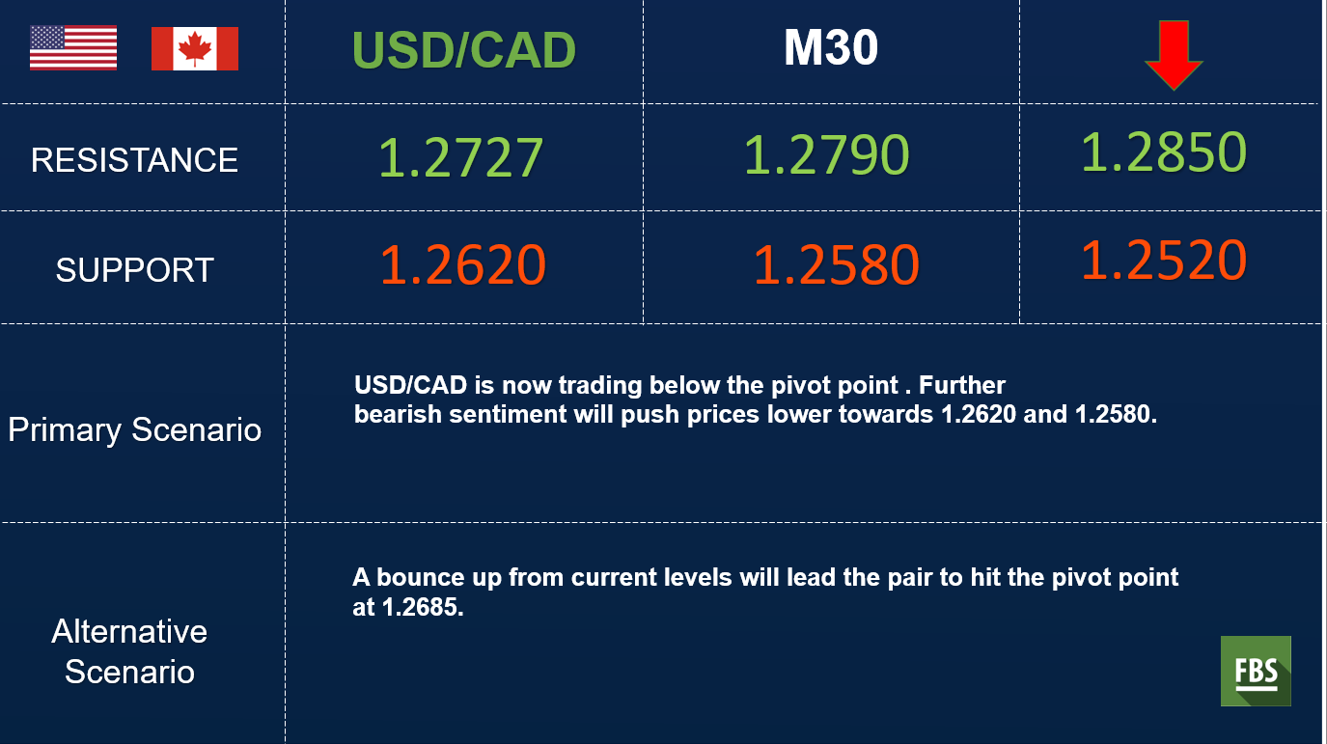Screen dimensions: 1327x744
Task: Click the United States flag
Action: click(73, 48)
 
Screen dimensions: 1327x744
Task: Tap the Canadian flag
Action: click(195, 48)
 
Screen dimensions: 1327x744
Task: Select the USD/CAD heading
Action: click(464, 50)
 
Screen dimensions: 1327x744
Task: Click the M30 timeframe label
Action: click(831, 47)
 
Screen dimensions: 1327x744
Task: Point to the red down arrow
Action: click(1174, 55)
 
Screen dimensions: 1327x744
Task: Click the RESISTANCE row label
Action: click(134, 160)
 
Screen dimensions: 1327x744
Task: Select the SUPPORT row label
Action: click(134, 270)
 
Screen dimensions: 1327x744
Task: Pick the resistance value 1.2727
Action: click(461, 157)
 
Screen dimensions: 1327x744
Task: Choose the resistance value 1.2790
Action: click(826, 154)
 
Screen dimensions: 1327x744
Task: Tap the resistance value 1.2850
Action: click(1164, 152)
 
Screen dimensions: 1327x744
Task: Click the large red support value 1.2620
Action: click(462, 264)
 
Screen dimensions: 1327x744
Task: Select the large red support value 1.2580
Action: click(837, 264)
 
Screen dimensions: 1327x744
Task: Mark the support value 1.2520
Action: click(1164, 260)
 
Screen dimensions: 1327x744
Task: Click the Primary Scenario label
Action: click(134, 429)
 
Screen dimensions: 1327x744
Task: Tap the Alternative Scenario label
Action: click(129, 651)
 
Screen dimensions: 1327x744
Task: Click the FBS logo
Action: click(1256, 671)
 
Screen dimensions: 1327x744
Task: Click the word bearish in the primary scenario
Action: click(398, 415)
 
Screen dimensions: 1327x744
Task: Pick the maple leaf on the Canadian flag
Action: click(195, 48)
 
